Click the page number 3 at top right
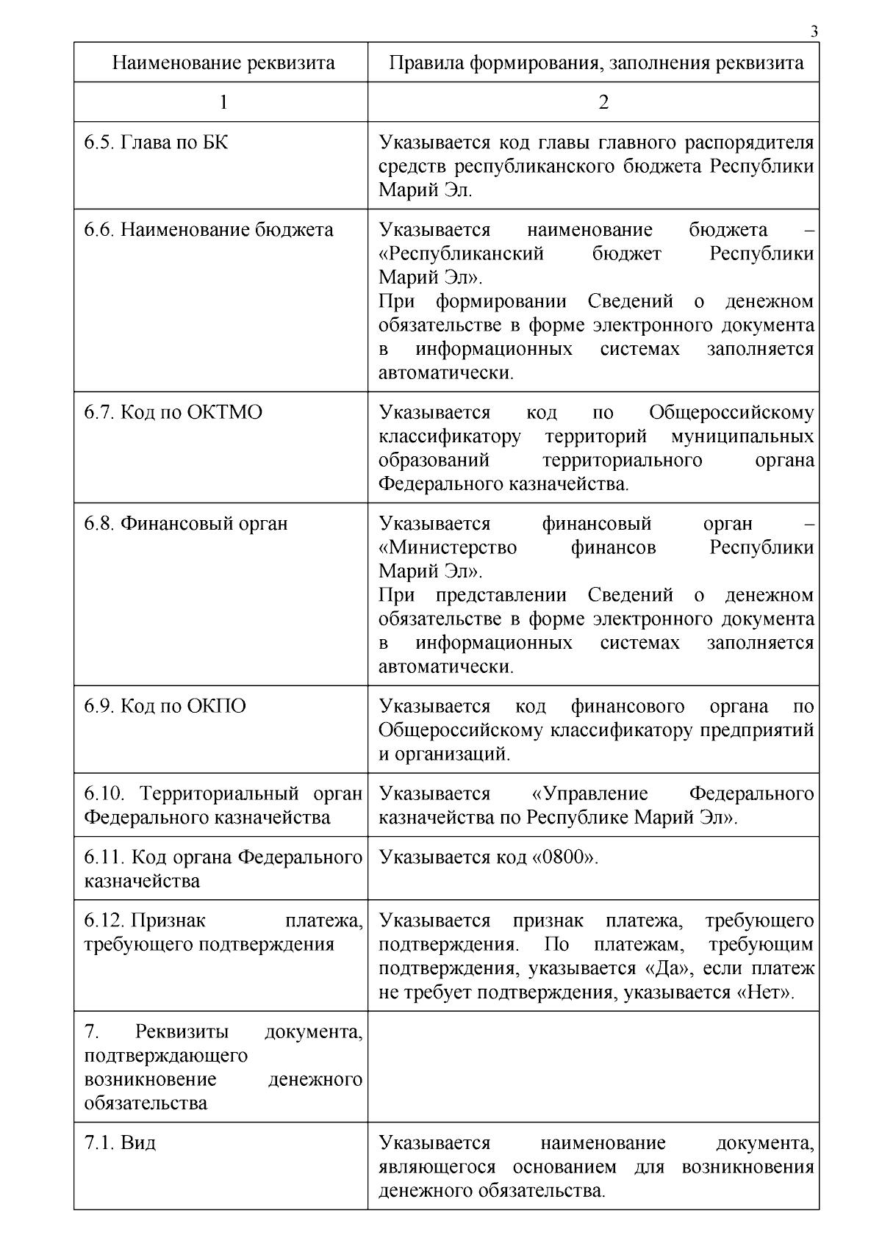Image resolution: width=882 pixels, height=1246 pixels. pyautogui.click(x=814, y=32)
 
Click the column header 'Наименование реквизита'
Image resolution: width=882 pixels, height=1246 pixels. pyautogui.click(x=223, y=62)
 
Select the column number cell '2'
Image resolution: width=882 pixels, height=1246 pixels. pyautogui.click(x=603, y=102)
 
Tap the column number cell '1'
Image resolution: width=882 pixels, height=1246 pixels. pyautogui.click(x=223, y=102)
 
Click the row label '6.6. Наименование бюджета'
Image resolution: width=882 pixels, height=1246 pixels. pyautogui.click(x=208, y=230)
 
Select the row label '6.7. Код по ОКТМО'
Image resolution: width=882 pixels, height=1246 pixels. pyautogui.click(x=173, y=412)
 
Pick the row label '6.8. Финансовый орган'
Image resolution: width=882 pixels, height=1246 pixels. pyautogui.click(x=185, y=524)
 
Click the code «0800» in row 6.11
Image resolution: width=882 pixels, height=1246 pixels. pyautogui.click(x=564, y=857)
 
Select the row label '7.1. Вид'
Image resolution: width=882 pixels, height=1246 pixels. pyautogui.click(x=120, y=1142)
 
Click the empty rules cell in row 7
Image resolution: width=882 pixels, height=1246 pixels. pyautogui.click(x=593, y=1066)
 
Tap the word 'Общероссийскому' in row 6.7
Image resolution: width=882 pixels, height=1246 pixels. pyautogui.click(x=731, y=412)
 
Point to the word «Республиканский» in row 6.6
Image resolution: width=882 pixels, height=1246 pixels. pyautogui.click(x=461, y=254)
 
